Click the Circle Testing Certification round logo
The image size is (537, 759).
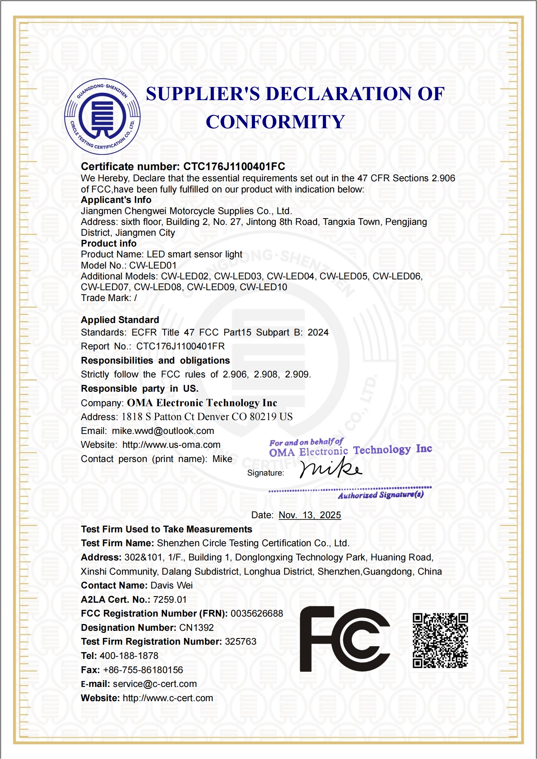point(102,117)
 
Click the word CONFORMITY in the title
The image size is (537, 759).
point(275,122)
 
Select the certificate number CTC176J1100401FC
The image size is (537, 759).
point(234,166)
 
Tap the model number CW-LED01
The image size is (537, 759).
point(153,266)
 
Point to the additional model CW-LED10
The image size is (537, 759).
point(263,287)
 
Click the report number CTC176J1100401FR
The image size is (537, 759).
point(180,346)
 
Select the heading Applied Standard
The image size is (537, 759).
point(120,320)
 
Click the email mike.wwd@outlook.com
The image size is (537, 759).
point(163,431)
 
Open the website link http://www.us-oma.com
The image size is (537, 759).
point(171,445)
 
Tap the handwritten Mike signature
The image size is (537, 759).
point(330,468)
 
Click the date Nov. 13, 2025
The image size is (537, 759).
point(310,515)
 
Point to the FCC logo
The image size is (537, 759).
point(345,639)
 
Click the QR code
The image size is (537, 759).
point(440,640)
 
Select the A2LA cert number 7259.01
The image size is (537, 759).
point(170,600)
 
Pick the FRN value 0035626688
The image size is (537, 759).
point(257,614)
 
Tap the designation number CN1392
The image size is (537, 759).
point(196,628)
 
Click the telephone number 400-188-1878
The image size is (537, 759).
point(129,656)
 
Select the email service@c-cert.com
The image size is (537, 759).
point(155,684)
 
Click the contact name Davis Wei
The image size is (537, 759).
point(171,585)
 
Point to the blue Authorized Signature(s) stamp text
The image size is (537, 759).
point(380,495)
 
